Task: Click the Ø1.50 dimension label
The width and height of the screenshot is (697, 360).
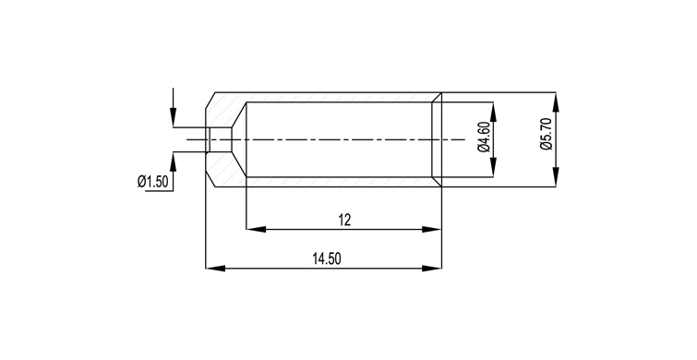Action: (x=152, y=182)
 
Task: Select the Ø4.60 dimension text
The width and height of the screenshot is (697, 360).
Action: (x=484, y=137)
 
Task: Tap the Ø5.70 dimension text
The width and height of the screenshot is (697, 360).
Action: (x=546, y=134)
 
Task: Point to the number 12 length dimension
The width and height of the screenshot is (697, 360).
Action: (x=344, y=220)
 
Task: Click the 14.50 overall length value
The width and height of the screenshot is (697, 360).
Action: (x=327, y=258)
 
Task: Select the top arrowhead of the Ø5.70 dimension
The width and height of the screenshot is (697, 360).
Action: (x=555, y=102)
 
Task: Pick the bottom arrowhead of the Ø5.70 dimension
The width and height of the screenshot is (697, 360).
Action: (x=555, y=177)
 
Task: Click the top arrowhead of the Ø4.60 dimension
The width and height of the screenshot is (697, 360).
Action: (x=493, y=112)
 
